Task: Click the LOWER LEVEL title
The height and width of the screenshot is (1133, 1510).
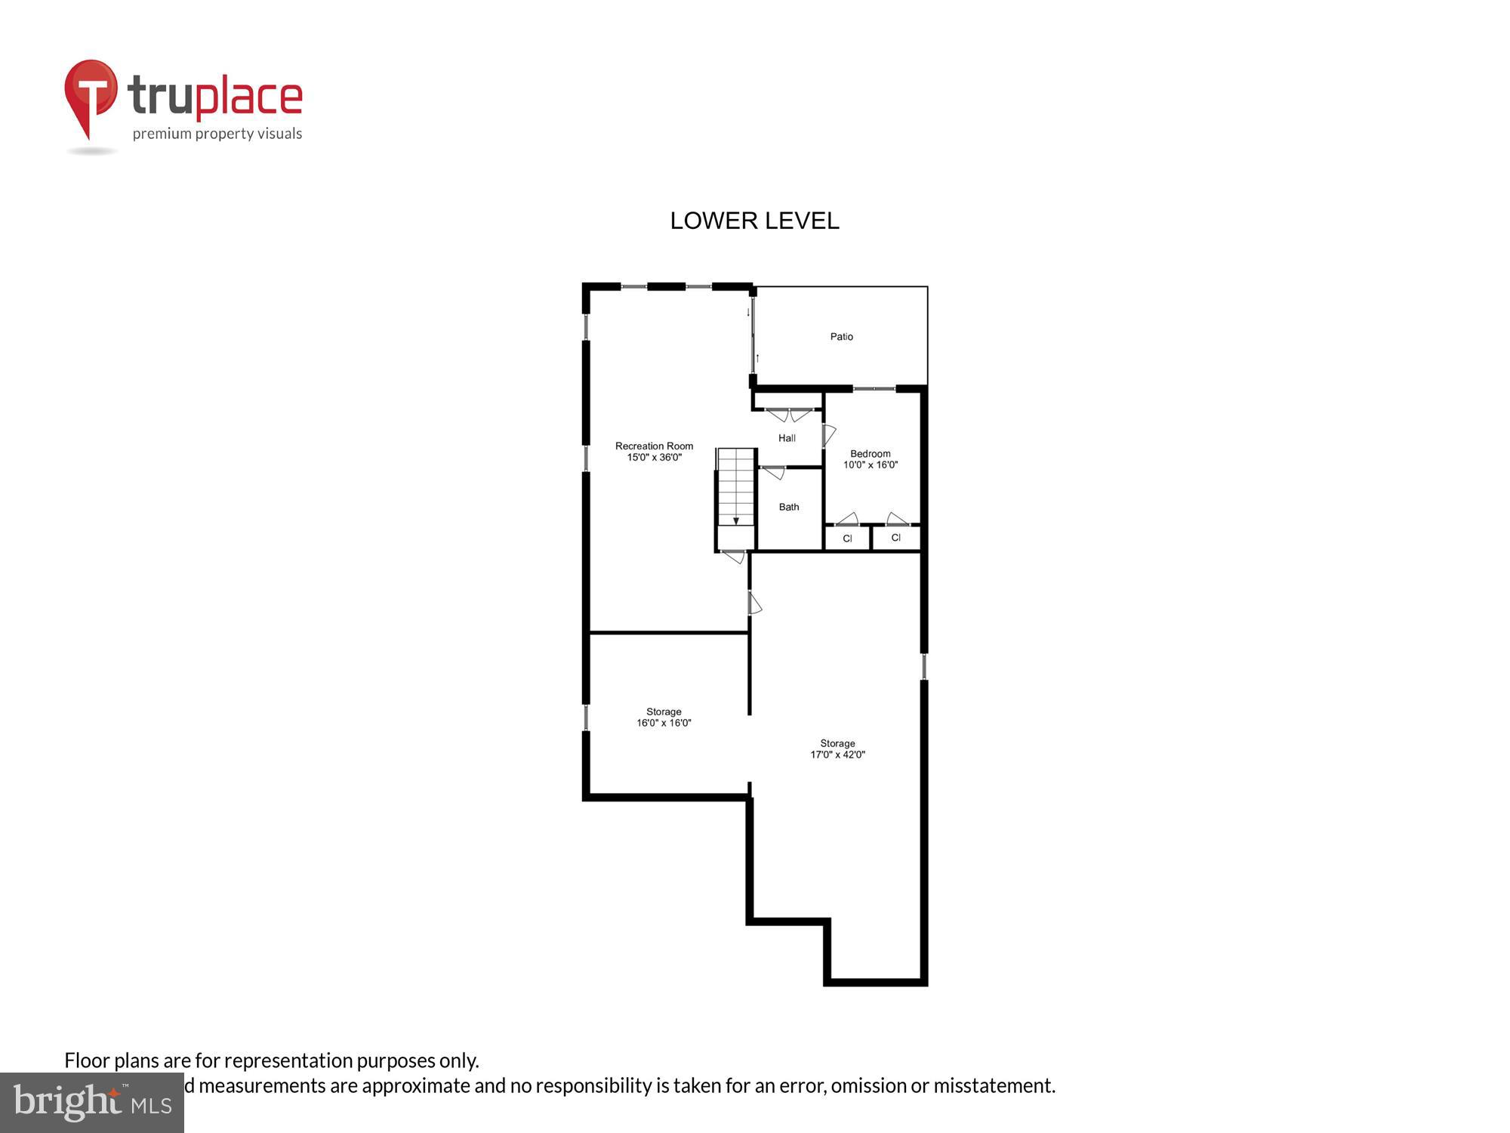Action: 754,221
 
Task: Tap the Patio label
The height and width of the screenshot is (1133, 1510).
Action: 841,337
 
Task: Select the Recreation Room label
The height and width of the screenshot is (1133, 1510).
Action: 654,446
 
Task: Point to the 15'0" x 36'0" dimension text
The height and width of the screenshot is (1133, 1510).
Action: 654,457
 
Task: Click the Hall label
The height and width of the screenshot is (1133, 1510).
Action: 787,438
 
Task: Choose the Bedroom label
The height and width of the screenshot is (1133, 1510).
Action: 870,454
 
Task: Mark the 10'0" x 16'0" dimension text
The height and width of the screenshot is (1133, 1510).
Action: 870,465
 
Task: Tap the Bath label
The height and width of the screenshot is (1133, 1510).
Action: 788,507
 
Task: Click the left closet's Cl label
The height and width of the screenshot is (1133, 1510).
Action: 847,539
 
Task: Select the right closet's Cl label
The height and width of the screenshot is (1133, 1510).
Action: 895,538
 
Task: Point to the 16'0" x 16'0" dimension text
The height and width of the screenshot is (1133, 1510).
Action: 664,723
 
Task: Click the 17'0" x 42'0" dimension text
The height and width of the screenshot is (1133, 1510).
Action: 837,755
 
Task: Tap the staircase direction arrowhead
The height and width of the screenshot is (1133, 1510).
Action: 736,521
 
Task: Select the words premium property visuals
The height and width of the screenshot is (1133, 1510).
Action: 217,134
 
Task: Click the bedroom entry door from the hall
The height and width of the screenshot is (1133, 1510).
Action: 828,435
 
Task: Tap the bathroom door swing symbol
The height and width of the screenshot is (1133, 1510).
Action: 773,474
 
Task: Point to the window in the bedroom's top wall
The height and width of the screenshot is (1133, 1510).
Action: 874,389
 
